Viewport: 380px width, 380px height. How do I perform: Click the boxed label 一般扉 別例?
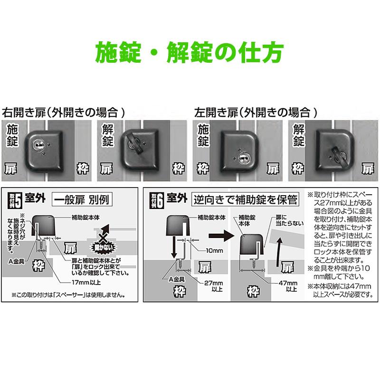(84, 199)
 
